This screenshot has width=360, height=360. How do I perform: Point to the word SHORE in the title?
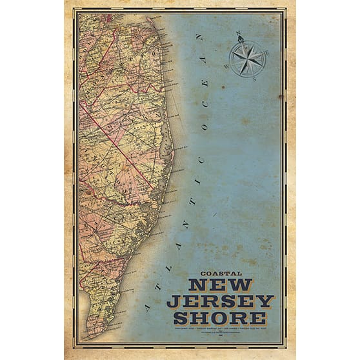tap(220, 317)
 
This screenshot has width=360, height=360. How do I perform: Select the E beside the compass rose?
tap(268, 52)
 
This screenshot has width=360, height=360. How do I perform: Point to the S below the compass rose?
tap(254, 79)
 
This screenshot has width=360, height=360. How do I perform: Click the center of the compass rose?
tap(248, 59)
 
